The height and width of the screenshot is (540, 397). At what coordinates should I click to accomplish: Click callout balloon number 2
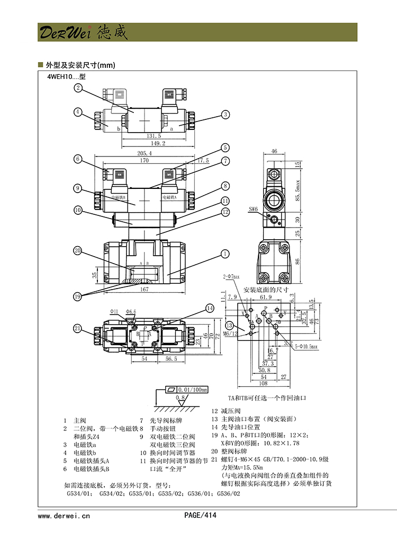78,88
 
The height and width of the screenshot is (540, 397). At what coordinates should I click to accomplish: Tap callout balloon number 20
78,251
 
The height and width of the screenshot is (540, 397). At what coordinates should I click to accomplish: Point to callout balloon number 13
229,325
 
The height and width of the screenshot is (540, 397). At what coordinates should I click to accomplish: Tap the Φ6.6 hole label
131,311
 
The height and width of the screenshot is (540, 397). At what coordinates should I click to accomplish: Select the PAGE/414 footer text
200,515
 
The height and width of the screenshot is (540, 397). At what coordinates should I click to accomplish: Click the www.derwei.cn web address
64,515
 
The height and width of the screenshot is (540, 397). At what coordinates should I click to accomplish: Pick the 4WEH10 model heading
66,76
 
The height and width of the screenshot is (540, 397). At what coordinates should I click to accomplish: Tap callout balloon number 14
210,308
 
